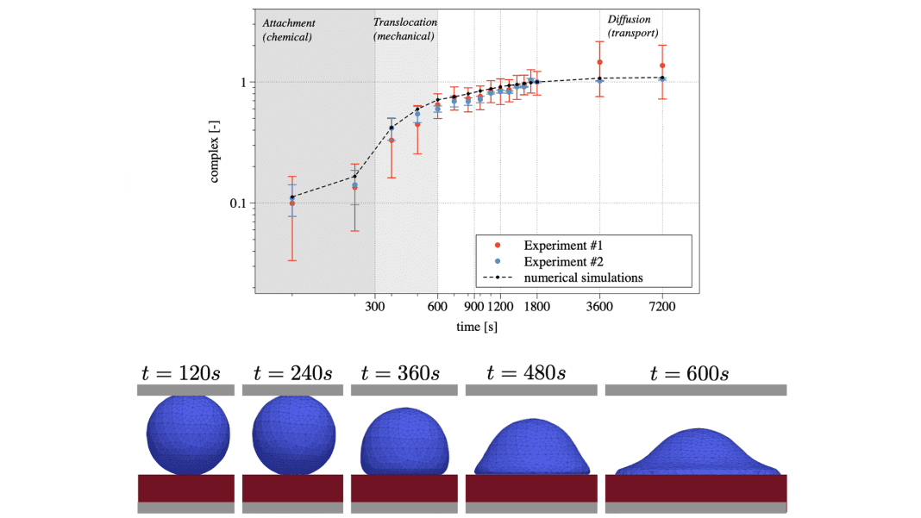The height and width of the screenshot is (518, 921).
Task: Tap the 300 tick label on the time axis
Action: point(375,305)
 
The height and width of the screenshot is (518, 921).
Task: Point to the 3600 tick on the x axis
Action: point(599,305)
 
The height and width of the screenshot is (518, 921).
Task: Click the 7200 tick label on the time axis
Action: point(661,305)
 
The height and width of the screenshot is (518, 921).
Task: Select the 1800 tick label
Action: point(536,305)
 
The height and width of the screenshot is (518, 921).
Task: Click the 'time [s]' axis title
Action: point(477,327)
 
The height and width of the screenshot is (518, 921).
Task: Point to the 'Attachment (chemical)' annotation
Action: point(288,29)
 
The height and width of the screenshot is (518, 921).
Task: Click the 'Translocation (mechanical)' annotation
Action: point(404,29)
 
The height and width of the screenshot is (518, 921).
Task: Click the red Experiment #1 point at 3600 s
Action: point(599,62)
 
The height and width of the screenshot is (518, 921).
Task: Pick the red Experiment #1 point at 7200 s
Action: point(662,66)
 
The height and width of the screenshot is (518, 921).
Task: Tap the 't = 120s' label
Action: point(181,373)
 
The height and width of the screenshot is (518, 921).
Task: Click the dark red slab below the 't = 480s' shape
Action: point(531,488)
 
